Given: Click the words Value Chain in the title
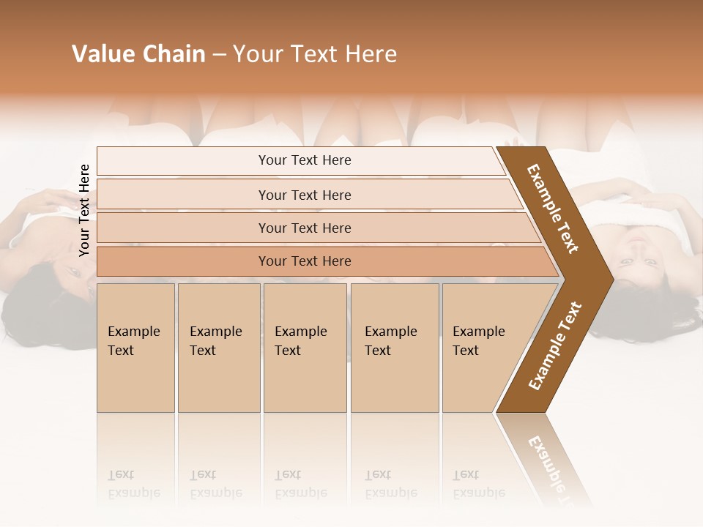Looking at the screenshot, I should click(x=138, y=54).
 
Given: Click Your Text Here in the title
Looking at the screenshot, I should click(x=315, y=54).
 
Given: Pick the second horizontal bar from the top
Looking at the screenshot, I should click(x=305, y=195).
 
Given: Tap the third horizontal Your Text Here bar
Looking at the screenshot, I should click(x=305, y=228).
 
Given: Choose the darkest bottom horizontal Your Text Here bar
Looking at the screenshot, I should click(x=305, y=261).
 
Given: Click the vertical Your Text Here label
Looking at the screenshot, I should click(x=84, y=211).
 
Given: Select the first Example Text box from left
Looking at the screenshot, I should click(x=135, y=347).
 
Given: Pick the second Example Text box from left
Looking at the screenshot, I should click(x=218, y=347).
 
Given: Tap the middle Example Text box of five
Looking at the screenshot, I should click(x=305, y=347).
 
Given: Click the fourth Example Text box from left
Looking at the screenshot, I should click(x=394, y=347).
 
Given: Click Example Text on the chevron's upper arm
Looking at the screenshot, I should click(x=554, y=209).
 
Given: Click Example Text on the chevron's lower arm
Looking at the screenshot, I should click(x=555, y=346).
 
